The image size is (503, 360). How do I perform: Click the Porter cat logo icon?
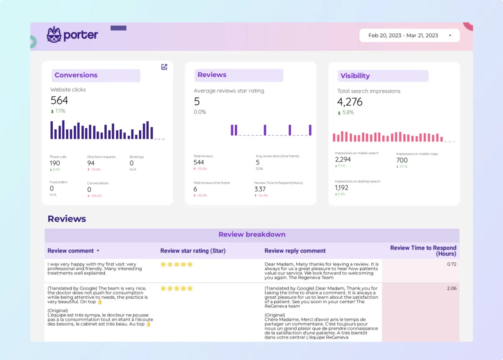(54, 35)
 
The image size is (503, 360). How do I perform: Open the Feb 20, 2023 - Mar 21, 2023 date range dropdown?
(409, 36)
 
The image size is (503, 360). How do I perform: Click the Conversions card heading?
(76, 76)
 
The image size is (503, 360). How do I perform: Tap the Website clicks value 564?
(59, 101)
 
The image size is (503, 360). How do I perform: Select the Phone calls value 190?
(55, 163)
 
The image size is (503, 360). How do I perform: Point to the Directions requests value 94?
(91, 163)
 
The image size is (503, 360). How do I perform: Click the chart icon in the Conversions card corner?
(164, 67)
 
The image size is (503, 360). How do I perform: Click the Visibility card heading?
(355, 76)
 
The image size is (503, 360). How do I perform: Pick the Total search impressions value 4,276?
(350, 102)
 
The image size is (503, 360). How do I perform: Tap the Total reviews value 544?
(199, 162)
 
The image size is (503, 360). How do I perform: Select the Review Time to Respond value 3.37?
(260, 189)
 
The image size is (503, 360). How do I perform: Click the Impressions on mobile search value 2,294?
(342, 160)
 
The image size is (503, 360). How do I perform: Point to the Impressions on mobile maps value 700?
(402, 160)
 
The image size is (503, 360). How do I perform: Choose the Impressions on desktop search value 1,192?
(341, 188)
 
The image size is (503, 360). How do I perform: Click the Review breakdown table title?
(252, 235)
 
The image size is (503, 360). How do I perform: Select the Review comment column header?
(71, 251)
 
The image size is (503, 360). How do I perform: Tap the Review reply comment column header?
(295, 251)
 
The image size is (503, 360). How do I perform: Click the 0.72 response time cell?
(451, 264)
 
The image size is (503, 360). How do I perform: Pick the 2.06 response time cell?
(451, 288)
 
